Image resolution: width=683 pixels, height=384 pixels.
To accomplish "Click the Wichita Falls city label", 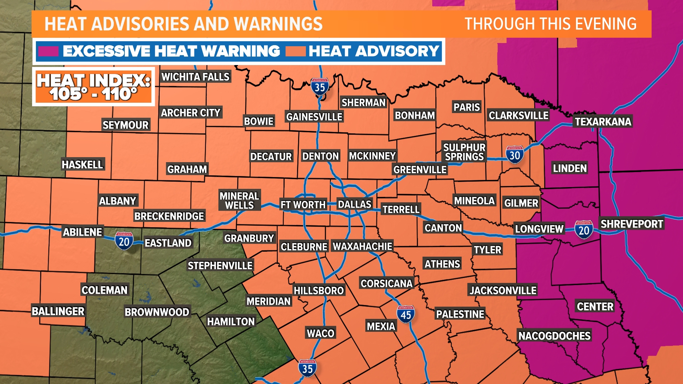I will [195, 77].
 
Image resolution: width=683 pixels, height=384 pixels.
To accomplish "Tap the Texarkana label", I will [603, 122].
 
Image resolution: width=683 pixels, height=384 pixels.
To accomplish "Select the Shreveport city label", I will [631, 224].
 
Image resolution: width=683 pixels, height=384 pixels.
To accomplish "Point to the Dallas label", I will [354, 204].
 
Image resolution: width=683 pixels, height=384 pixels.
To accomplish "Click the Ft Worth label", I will [303, 205].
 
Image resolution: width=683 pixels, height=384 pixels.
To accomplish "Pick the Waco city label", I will [321, 333].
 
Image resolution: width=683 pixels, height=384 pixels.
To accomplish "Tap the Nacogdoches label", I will [554, 336].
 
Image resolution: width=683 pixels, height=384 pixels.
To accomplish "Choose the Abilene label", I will [83, 232].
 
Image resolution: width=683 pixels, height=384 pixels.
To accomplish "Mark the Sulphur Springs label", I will [464, 152].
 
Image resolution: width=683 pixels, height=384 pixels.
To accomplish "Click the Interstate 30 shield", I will [515, 155].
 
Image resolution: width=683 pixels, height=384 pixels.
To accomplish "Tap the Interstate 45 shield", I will [406, 314].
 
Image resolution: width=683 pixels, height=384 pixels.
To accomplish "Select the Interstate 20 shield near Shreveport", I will [584, 230].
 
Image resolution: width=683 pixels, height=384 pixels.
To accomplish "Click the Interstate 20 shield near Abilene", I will [124, 241].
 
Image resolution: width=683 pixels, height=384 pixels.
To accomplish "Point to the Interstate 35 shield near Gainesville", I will [319, 86].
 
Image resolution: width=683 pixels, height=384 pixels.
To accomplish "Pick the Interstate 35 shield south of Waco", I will [307, 368].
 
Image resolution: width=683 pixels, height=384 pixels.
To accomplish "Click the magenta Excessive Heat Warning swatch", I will [48, 52].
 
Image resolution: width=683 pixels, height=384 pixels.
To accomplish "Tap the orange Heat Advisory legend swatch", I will [295, 52].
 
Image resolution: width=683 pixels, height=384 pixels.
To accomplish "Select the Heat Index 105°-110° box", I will [94, 87].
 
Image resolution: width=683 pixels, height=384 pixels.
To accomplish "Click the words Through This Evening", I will [550, 24].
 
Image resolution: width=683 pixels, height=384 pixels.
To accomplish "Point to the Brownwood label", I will [157, 312].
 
